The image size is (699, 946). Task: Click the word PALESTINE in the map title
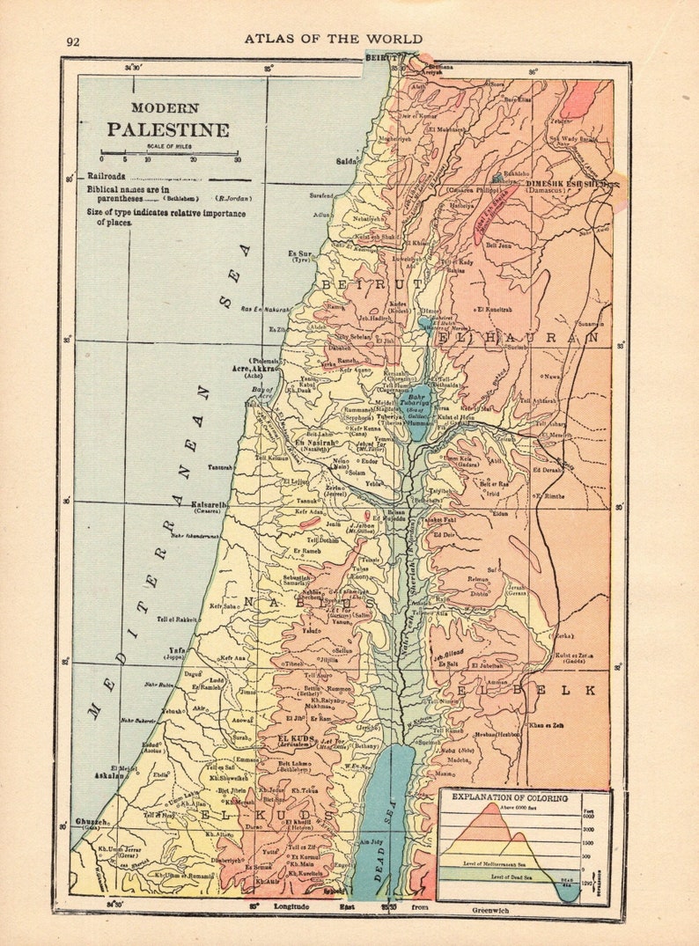[168, 129]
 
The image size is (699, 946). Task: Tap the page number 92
[73, 41]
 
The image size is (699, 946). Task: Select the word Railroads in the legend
[105, 176]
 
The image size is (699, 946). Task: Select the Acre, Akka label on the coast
[254, 370]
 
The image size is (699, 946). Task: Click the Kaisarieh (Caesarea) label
[210, 505]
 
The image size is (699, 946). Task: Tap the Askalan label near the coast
[110, 777]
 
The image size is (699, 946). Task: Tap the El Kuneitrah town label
[493, 310]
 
